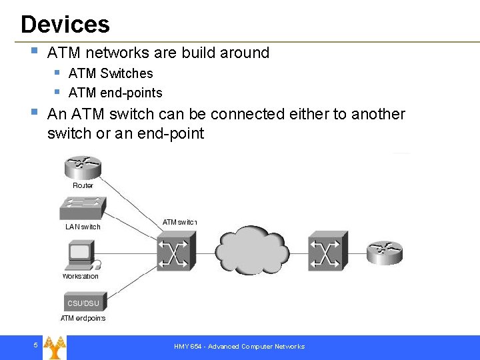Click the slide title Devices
65,25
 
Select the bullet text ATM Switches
111,73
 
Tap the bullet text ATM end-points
115,93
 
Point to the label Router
83,185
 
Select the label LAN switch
83,227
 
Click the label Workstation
81,276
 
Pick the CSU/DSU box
83,302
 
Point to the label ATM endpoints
83,318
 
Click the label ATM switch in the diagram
179,222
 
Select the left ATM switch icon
175,251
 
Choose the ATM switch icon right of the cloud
327,251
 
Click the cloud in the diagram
251,252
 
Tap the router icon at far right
385,252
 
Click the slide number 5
35,345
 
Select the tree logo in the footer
55,347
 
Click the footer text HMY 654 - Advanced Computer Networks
239,347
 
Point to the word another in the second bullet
378,114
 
